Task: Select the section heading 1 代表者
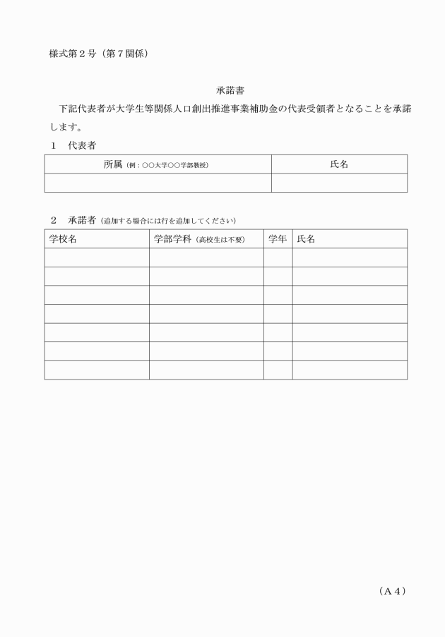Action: pyautogui.click(x=73, y=145)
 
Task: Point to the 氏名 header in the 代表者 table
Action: pyautogui.click(x=339, y=164)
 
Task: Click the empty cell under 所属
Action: pyautogui.click(x=158, y=183)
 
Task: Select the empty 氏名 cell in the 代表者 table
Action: pyautogui.click(x=339, y=183)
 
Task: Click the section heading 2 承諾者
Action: pyautogui.click(x=73, y=219)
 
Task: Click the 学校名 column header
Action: pyautogui.click(x=63, y=239)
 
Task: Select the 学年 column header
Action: pyautogui.click(x=278, y=239)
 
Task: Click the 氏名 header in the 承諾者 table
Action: pyautogui.click(x=306, y=239)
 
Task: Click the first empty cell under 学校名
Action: pyautogui.click(x=96, y=257)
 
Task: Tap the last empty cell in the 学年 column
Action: pyautogui.click(x=278, y=370)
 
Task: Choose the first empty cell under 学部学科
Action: pyautogui.click(x=206, y=257)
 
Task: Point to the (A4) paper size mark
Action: pyautogui.click(x=392, y=591)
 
